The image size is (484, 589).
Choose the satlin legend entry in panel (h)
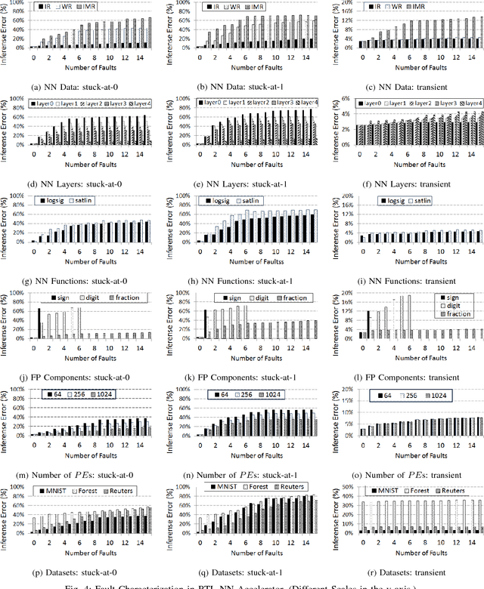click(x=268, y=202)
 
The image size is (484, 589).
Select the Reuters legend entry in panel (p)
click(x=134, y=492)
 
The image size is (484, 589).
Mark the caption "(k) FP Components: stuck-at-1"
click(x=243, y=377)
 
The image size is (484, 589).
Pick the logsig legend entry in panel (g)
click(x=59, y=202)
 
